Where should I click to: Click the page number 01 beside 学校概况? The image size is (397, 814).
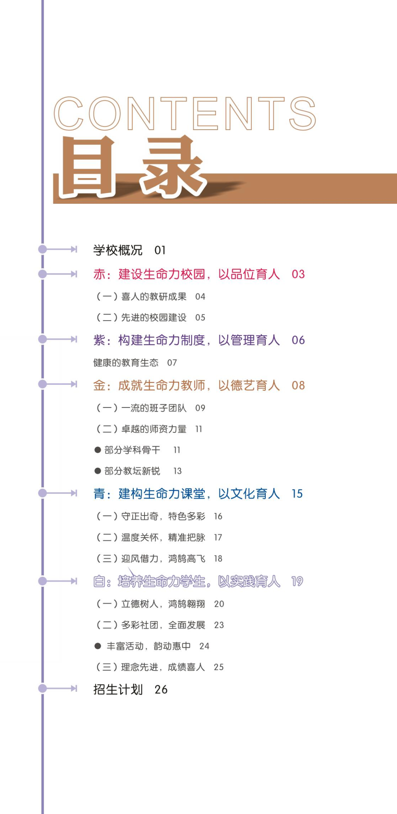point(160,250)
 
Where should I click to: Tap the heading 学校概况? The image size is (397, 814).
point(118,250)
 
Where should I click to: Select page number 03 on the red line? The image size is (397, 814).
point(298,274)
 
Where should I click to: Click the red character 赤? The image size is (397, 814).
point(99,274)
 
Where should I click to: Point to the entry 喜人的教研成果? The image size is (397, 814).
point(154,297)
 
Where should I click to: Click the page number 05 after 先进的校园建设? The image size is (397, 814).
point(200,318)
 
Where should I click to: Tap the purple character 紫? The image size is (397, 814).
point(99,340)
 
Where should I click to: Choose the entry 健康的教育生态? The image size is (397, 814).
point(126,363)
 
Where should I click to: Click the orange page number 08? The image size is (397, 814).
point(298,386)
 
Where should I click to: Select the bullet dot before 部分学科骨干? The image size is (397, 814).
point(98,450)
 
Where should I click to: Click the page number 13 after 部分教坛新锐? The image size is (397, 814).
point(178,471)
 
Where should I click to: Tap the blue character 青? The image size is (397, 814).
point(99,494)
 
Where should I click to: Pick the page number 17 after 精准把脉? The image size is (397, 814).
point(218,538)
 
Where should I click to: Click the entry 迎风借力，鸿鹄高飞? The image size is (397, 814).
point(163,559)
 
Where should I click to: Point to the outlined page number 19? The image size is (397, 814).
point(297,581)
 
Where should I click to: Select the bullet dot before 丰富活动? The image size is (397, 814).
point(98,646)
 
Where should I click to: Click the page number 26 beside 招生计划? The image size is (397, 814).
point(161,690)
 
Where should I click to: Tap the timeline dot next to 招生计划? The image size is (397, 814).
point(43,688)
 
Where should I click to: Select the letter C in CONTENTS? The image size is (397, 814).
point(69,114)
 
